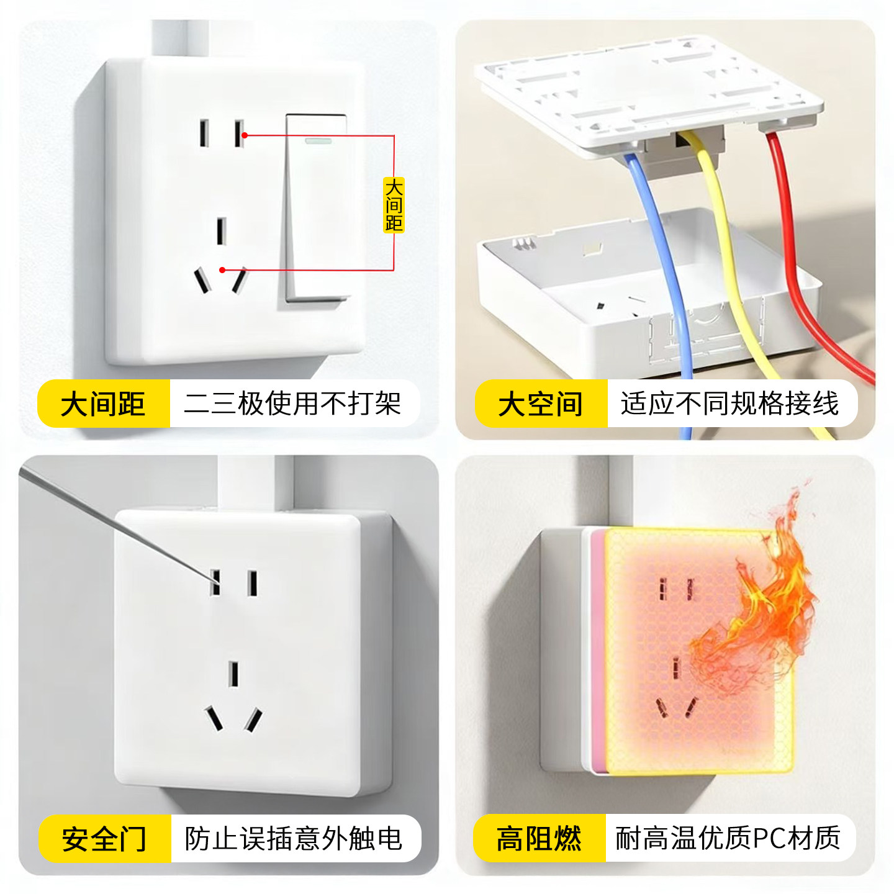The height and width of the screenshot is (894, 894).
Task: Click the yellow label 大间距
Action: click(103, 404)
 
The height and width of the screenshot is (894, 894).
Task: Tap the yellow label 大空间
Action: click(540, 404)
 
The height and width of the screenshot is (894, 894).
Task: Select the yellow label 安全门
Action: click(104, 839)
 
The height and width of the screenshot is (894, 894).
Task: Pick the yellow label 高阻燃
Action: click(539, 839)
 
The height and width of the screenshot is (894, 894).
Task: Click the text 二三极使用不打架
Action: click(292, 404)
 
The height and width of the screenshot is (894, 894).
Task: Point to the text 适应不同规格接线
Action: click(729, 404)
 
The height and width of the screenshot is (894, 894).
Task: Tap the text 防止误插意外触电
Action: click(293, 839)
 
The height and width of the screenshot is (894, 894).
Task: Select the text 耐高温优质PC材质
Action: click(728, 839)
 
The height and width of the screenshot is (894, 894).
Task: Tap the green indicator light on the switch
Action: click(317, 141)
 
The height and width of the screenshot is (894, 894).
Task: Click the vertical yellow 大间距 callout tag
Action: click(394, 205)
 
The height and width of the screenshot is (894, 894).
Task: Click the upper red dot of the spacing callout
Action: click(245, 135)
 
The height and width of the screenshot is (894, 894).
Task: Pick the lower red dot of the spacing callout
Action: click(223, 270)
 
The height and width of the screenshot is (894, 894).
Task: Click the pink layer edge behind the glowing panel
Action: click(597, 652)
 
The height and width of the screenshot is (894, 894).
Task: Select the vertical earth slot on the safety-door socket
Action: click(233, 674)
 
